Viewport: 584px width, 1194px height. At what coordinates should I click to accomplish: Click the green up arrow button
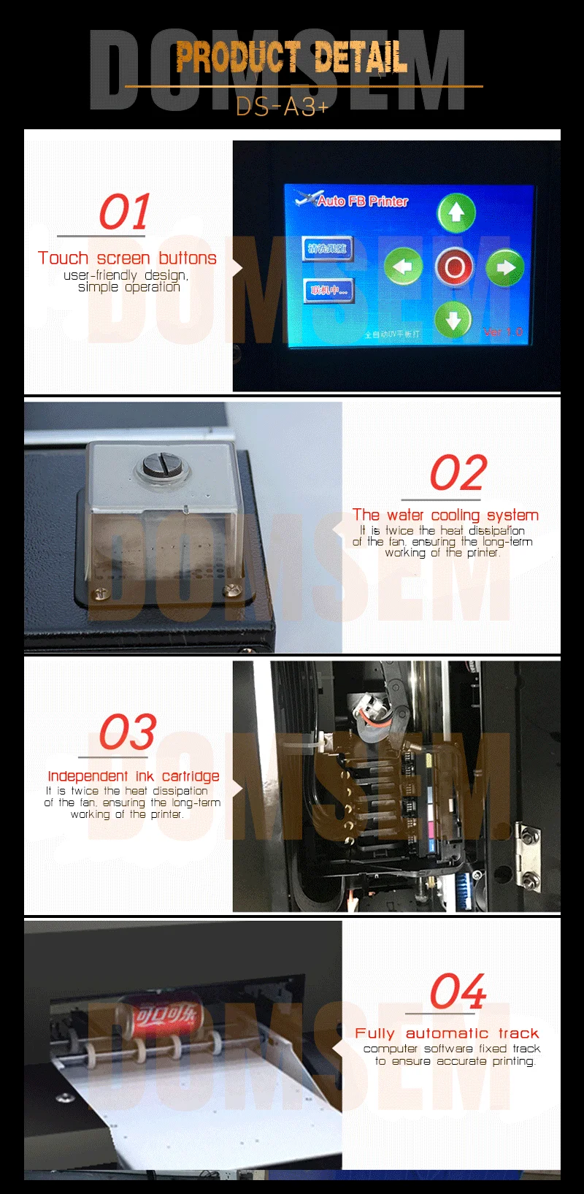pos(456,213)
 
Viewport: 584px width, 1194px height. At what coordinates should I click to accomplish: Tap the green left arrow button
pos(403,267)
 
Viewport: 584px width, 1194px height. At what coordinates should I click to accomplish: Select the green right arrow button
pos(504,268)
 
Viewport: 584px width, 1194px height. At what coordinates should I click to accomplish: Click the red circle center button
pos(454,267)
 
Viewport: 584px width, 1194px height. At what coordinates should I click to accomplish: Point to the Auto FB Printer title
pos(362,201)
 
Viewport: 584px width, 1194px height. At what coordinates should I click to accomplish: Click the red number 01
pos(125,213)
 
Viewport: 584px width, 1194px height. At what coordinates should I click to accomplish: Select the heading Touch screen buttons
pos(127,258)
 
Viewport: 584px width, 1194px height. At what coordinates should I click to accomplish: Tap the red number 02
pos(458,473)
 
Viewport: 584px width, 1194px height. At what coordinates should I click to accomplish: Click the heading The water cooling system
pos(445,515)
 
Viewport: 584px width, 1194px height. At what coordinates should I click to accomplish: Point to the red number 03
pos(128,732)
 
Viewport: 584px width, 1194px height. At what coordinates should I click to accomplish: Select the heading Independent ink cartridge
pos(133,776)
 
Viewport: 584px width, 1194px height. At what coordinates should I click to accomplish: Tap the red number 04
pos(458,992)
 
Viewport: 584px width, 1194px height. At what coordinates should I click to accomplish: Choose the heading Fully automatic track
pos(447,1033)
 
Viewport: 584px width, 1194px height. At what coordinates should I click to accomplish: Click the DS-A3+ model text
pos(283,107)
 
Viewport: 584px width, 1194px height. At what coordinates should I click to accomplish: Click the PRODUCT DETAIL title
pos(291,58)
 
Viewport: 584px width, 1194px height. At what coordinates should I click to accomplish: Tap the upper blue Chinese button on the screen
pos(328,249)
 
